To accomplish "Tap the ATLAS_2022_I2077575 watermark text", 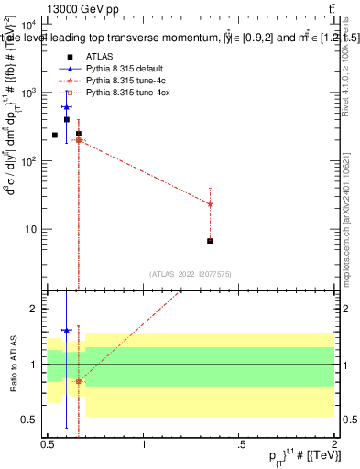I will [191, 274].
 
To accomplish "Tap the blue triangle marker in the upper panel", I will [67, 107].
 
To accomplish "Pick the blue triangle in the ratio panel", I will [67, 330].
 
